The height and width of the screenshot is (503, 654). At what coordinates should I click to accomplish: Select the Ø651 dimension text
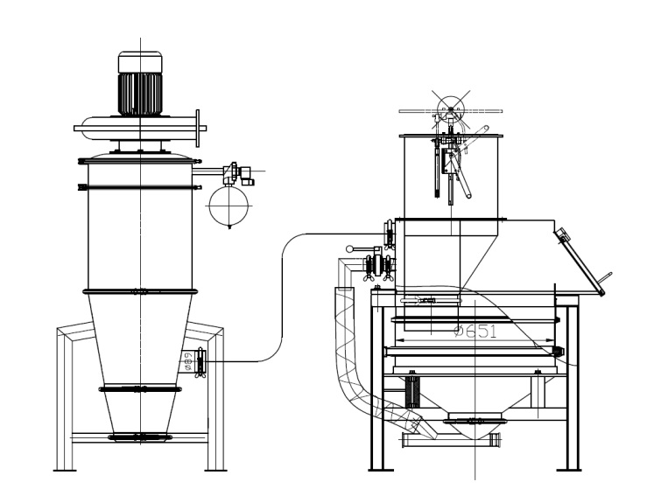click(473, 331)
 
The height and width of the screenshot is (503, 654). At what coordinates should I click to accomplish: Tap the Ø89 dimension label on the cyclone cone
click(188, 360)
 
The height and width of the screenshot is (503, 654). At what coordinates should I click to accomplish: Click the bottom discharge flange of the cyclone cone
click(140, 436)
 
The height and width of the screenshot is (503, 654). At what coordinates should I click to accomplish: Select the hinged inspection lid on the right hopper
click(580, 258)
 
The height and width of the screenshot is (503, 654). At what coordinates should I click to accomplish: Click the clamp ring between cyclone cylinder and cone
click(140, 291)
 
